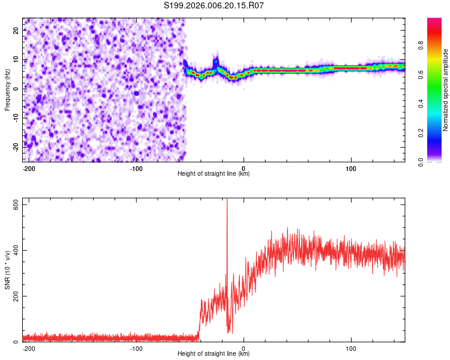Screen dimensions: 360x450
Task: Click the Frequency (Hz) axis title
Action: [7, 89]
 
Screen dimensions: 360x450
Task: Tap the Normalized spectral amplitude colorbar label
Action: [446, 89]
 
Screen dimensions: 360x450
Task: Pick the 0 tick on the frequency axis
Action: [16, 89]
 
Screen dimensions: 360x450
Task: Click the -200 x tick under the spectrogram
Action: [29, 167]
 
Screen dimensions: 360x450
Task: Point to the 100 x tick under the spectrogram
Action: [351, 167]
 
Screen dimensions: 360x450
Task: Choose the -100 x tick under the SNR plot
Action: [136, 347]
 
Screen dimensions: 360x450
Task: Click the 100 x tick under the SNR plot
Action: [351, 347]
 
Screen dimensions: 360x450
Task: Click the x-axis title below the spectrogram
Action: [214, 174]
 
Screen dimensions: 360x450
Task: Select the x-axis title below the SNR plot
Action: [214, 354]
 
